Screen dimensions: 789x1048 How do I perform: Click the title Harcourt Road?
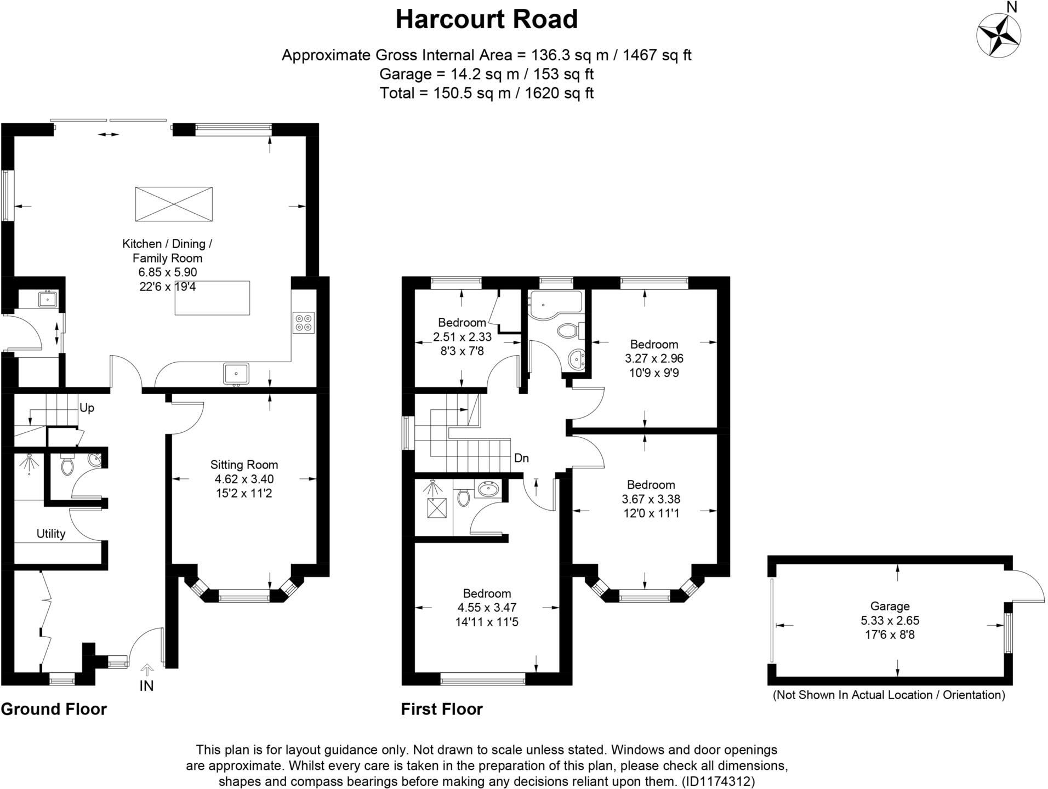pyautogui.click(x=486, y=20)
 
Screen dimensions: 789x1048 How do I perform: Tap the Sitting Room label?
pyautogui.click(x=244, y=465)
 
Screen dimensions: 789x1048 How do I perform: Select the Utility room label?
pyautogui.click(x=51, y=534)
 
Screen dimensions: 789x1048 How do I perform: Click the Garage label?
pyautogui.click(x=890, y=606)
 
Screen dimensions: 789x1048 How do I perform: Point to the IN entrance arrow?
pyautogui.click(x=146, y=670)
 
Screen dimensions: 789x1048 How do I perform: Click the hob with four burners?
pyautogui.click(x=304, y=322)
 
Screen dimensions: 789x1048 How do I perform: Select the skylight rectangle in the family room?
pyautogui.click(x=174, y=204)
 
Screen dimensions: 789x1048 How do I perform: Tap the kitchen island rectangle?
pyautogui.click(x=212, y=298)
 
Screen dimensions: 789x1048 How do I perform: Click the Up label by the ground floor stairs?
pyautogui.click(x=87, y=408)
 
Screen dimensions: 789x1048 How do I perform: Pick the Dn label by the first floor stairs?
pyautogui.click(x=521, y=458)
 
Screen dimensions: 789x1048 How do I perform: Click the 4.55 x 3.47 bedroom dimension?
pyautogui.click(x=487, y=608)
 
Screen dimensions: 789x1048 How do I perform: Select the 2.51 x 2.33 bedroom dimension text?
pyautogui.click(x=462, y=337)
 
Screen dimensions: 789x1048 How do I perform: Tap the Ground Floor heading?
pyautogui.click(x=54, y=709)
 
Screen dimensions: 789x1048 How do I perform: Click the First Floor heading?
pyautogui.click(x=442, y=709)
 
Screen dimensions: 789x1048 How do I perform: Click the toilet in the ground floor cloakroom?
pyautogui.click(x=67, y=466)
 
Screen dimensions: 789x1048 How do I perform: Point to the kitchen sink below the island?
pyautogui.click(x=236, y=374)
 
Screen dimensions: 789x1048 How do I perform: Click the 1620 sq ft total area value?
pyautogui.click(x=559, y=93)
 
